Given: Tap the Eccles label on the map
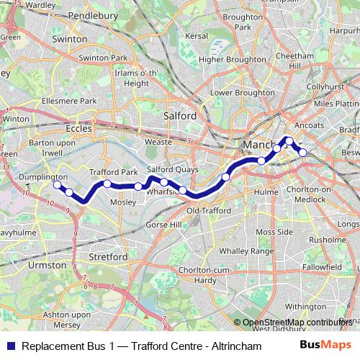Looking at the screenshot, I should [x=77, y=128].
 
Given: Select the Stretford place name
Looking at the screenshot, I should [x=107, y=256].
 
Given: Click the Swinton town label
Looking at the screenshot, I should [x=70, y=40].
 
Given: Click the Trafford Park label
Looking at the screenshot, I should [x=113, y=173].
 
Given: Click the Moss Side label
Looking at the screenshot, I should [x=274, y=232].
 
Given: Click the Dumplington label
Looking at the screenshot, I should [x=45, y=176].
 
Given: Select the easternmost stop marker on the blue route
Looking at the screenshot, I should [x=303, y=152].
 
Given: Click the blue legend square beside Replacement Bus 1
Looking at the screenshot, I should [x=9, y=346].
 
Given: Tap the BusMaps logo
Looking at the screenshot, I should [x=326, y=346].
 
